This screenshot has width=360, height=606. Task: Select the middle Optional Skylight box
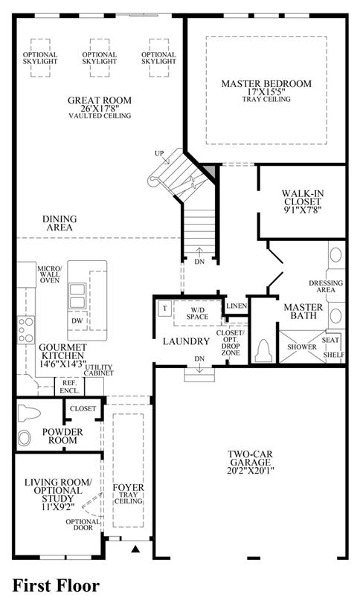tap(100, 58)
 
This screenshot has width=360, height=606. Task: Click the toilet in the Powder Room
tap(28, 413)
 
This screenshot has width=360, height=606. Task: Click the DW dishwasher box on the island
tap(77, 320)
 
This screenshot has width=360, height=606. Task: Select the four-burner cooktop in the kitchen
tap(26, 330)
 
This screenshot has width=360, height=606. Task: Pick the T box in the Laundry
tap(164, 309)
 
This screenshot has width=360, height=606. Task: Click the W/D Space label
tap(197, 314)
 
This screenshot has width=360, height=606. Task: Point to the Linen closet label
tap(237, 306)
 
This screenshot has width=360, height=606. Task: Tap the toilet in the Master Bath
tap(264, 350)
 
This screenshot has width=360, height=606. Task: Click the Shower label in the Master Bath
tap(301, 347)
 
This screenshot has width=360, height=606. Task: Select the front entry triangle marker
tap(135, 549)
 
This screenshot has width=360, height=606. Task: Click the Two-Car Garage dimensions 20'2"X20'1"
tap(251, 471)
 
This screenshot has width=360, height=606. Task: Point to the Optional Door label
tap(83, 524)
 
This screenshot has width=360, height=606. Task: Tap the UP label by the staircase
tap(159, 153)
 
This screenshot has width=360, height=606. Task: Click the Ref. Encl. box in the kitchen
tap(70, 387)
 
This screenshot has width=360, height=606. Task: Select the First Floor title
tap(57, 585)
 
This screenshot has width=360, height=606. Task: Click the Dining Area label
tap(60, 223)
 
